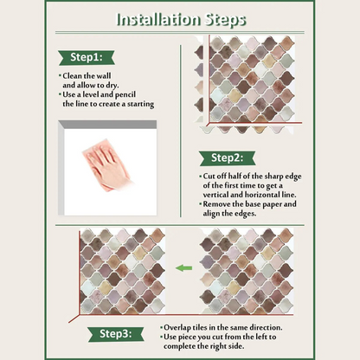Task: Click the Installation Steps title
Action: pyautogui.click(x=181, y=20)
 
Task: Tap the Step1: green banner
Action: pyautogui.click(x=87, y=57)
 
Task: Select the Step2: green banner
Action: pyautogui.click(x=228, y=158)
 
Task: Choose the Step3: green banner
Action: pyautogui.click(x=116, y=334)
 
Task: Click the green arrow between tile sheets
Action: pyautogui.click(x=183, y=268)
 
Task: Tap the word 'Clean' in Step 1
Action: pyautogui.click(x=73, y=76)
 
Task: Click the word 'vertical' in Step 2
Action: pyautogui.click(x=215, y=195)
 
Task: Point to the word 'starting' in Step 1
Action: pyautogui.click(x=141, y=104)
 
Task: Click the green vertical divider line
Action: pyautogui.click(x=181, y=131)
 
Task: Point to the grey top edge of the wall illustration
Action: pyautogui.click(x=108, y=125)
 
